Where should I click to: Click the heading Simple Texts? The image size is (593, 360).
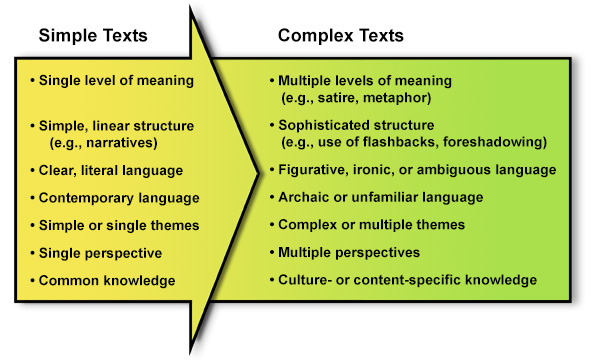93,36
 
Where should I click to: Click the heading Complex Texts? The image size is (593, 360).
340,36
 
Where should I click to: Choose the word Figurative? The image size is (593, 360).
312,170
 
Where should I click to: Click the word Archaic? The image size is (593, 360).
304,198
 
